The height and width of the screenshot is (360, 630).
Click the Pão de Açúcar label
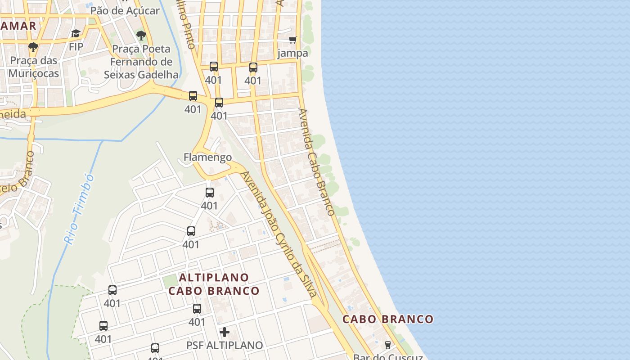(x=125, y=10)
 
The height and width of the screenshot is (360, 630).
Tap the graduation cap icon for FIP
(x=76, y=34)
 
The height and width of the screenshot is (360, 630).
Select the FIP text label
(x=76, y=46)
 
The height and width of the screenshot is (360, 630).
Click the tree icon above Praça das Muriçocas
(x=33, y=46)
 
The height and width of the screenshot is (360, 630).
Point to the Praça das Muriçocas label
(x=34, y=67)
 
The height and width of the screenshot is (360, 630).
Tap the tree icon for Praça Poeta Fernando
(x=141, y=35)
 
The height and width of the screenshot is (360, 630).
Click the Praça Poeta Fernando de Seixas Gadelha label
(x=141, y=62)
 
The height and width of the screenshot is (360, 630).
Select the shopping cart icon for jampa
(x=292, y=40)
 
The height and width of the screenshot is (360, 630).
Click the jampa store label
(x=292, y=53)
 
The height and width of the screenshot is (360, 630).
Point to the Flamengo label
(x=207, y=157)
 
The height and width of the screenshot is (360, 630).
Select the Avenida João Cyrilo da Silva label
(x=279, y=234)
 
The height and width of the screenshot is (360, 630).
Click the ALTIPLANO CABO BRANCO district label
(x=214, y=284)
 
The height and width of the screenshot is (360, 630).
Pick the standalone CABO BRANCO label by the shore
(x=388, y=319)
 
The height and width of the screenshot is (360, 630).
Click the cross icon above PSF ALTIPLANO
(x=225, y=332)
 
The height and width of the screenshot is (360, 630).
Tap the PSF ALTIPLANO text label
(x=225, y=345)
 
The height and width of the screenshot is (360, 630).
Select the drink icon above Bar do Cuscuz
(x=387, y=345)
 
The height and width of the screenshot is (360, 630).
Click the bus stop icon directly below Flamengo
(x=210, y=193)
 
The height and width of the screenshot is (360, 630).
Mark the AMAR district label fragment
(x=18, y=26)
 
